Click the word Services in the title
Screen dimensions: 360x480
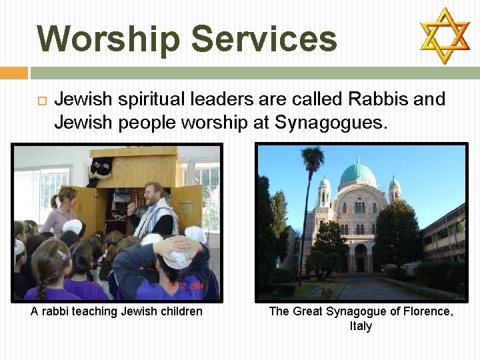(x=264, y=39)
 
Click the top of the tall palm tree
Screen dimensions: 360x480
(x=311, y=159)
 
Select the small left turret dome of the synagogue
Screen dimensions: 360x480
(x=324, y=182)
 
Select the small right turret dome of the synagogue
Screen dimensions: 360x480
(x=394, y=182)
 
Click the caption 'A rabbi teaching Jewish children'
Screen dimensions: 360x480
(x=117, y=311)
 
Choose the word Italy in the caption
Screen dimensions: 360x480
(x=361, y=326)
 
